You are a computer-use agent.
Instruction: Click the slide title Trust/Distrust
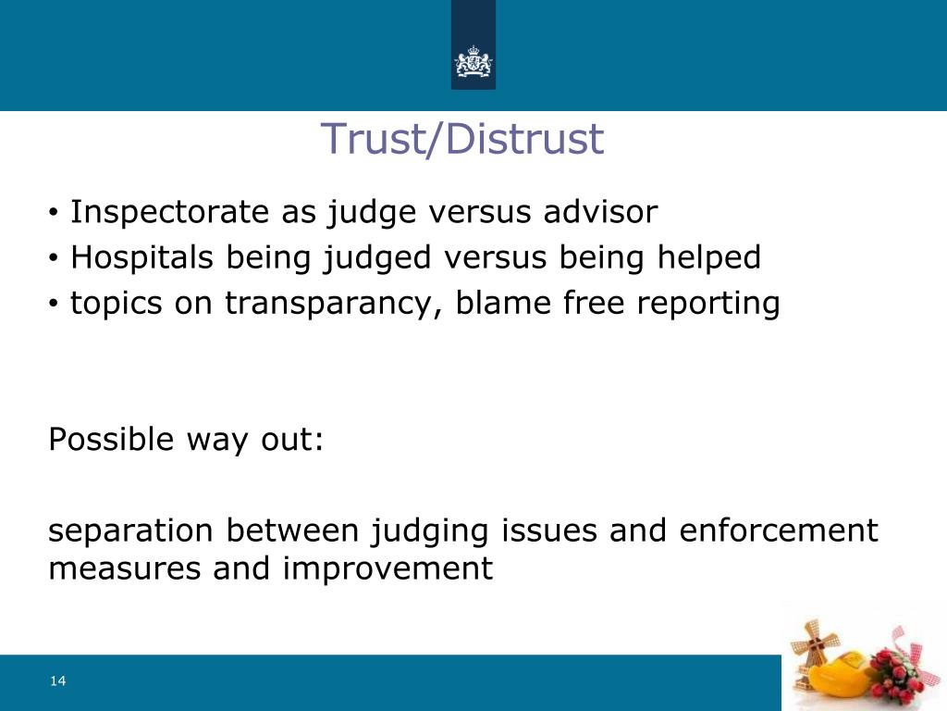click(x=461, y=140)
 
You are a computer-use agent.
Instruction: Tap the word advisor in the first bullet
click(x=600, y=212)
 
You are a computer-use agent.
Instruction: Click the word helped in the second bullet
click(x=709, y=257)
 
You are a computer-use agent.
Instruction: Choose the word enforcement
click(x=778, y=530)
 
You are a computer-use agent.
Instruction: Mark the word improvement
click(x=388, y=568)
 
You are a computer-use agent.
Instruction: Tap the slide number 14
click(x=58, y=681)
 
